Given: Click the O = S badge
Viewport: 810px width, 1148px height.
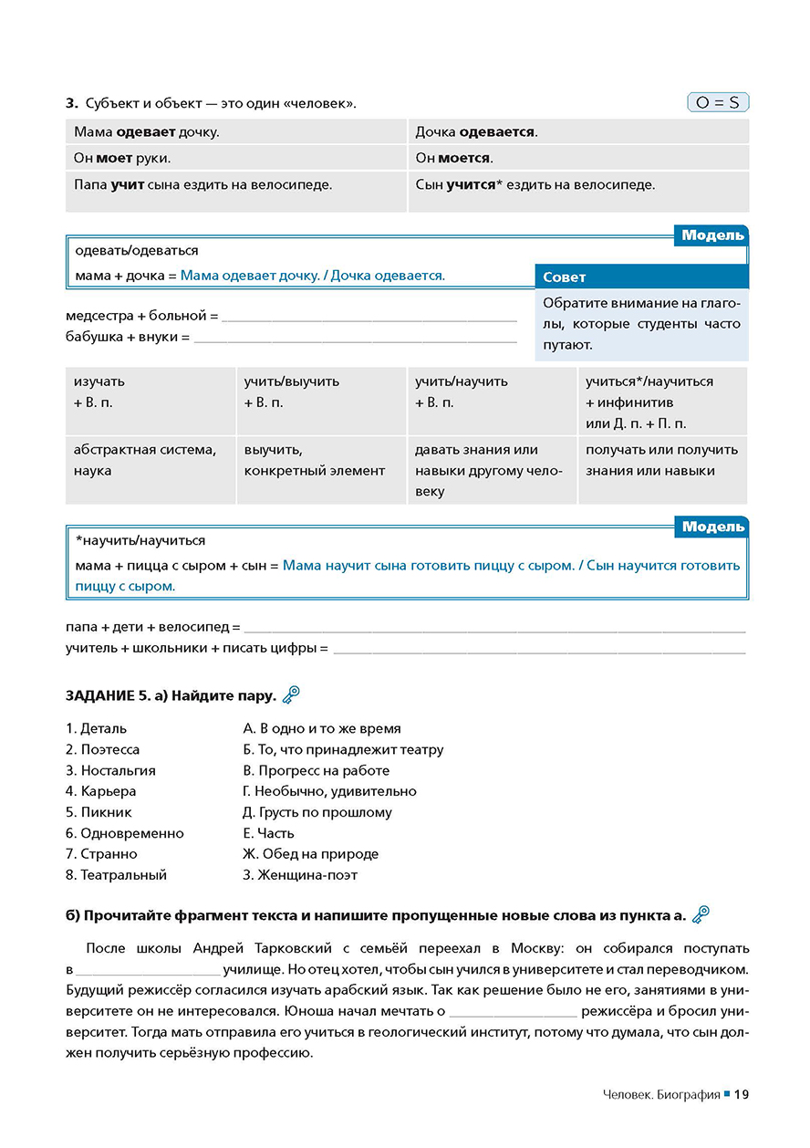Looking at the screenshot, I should [x=717, y=102].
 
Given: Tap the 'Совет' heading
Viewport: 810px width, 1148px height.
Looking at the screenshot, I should [x=565, y=277].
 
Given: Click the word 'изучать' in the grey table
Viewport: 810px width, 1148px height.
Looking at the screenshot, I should [x=99, y=381].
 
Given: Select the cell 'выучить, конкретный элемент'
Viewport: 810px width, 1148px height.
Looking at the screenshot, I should [x=315, y=461].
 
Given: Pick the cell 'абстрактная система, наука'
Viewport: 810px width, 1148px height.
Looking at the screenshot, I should [x=145, y=461].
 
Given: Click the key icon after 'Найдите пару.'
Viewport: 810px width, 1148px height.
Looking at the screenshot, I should [x=291, y=695].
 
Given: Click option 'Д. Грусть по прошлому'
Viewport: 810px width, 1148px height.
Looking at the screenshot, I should [x=317, y=812].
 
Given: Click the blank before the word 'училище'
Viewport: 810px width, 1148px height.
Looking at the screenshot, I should [x=149, y=969].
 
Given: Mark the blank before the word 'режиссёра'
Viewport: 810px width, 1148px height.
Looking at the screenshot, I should [x=514, y=1011].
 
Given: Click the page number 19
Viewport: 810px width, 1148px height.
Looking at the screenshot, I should [x=741, y=1094].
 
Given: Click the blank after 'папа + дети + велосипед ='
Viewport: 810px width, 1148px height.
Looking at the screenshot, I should [x=494, y=628].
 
